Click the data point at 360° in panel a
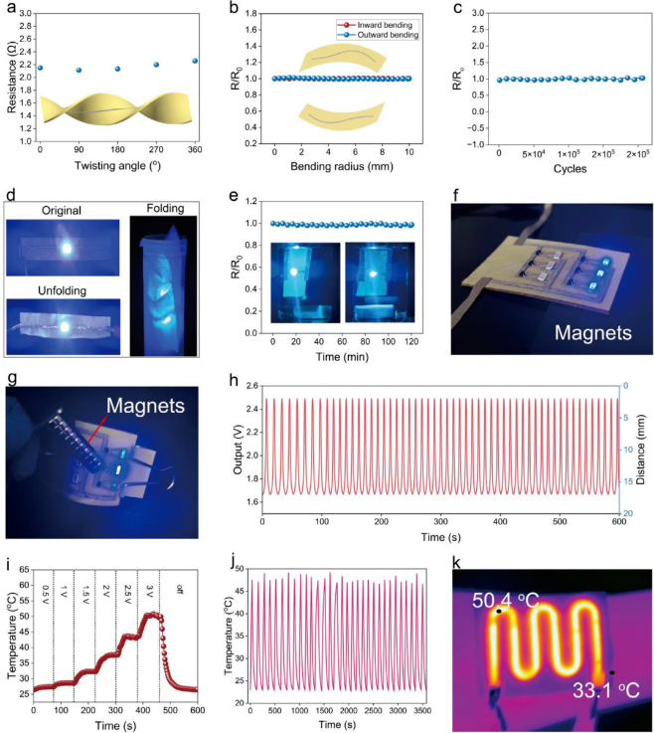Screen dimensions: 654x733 [195, 61]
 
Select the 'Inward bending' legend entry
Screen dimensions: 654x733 [375, 25]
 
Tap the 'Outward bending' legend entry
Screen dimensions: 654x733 [378, 35]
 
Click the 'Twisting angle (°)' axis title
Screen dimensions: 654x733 [117, 165]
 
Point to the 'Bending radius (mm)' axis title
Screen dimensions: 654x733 [342, 166]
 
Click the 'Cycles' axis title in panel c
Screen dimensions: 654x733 [570, 169]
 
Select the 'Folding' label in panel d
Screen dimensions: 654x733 [165, 209]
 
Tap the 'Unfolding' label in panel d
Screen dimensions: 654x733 [63, 290]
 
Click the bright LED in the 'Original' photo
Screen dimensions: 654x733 [67, 249]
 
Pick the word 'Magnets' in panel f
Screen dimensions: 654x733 [592, 333]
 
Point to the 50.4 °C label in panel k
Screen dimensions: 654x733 [506, 601]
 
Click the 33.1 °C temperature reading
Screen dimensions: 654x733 [606, 690]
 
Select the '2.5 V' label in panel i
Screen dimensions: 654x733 [128, 593]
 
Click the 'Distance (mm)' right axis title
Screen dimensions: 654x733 [640, 450]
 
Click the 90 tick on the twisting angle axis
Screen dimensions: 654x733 [79, 149]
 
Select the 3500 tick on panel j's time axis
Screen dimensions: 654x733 [421, 710]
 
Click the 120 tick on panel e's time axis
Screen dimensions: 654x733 [411, 342]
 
